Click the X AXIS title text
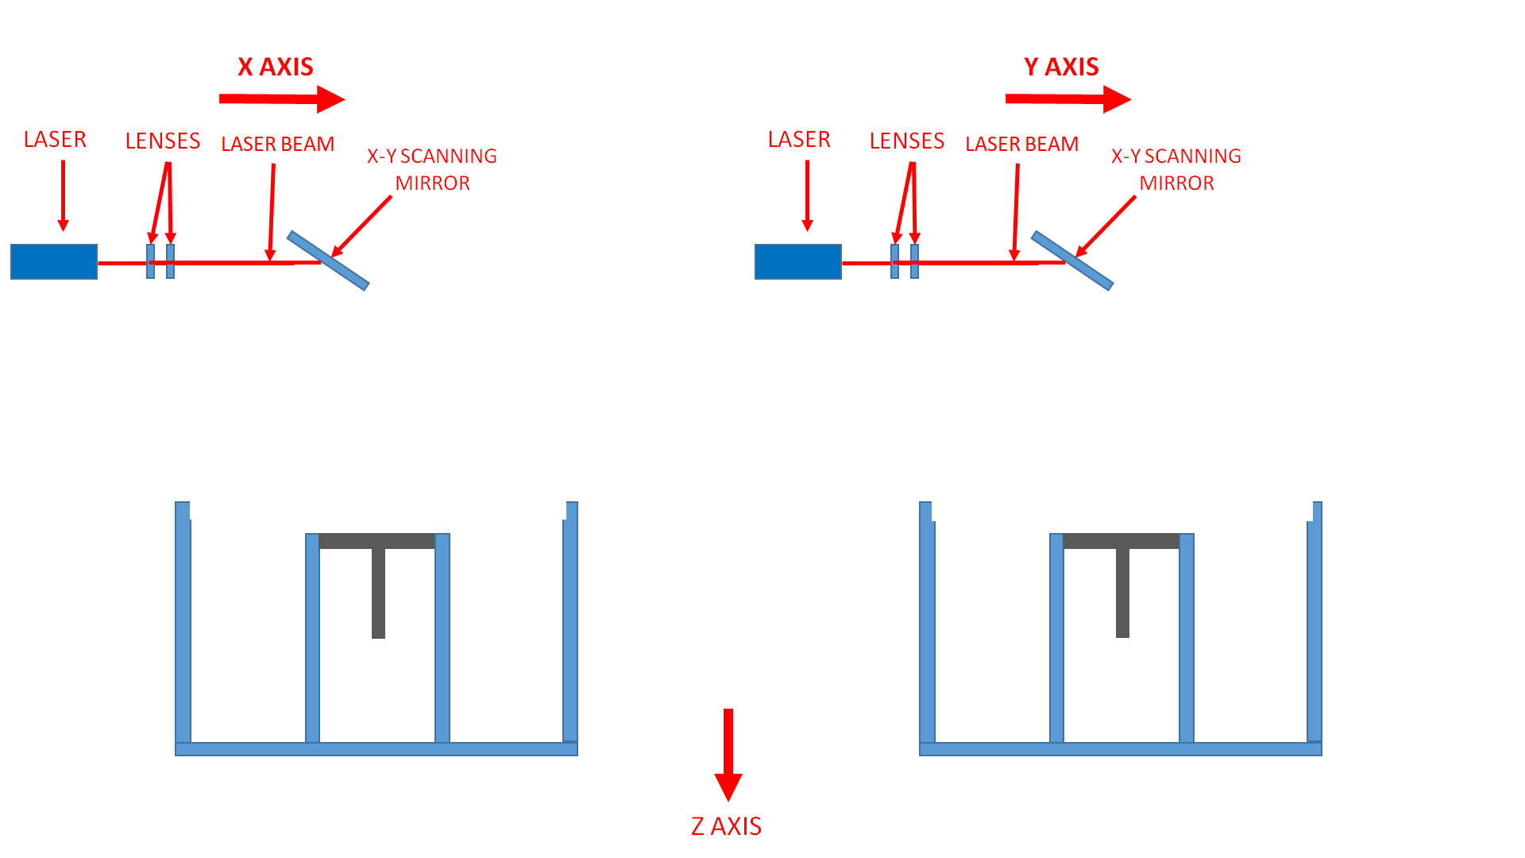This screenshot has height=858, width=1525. [x=276, y=67]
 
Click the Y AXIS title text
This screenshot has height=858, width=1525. [x=1061, y=67]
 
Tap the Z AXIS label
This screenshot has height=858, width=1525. [x=726, y=826]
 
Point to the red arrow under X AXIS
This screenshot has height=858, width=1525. [x=281, y=99]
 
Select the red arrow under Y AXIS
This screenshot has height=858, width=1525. [x=1067, y=99]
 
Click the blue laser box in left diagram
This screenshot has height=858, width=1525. [x=54, y=261]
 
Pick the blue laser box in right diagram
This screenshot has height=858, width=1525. [x=798, y=261]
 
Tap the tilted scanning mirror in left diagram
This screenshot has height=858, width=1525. [x=328, y=261]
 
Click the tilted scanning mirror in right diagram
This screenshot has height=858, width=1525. [x=1072, y=261]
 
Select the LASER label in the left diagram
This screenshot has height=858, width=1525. [x=55, y=140]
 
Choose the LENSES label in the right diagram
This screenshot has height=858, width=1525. [x=907, y=141]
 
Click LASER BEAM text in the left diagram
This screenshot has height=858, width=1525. [x=277, y=145]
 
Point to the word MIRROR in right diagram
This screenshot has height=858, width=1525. [x=1176, y=184]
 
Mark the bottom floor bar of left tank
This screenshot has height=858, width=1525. [x=376, y=749]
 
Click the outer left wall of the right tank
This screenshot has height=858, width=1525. [x=927, y=628]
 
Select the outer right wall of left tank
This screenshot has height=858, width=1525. [x=570, y=628]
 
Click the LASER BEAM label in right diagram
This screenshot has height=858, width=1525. [x=1021, y=145]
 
